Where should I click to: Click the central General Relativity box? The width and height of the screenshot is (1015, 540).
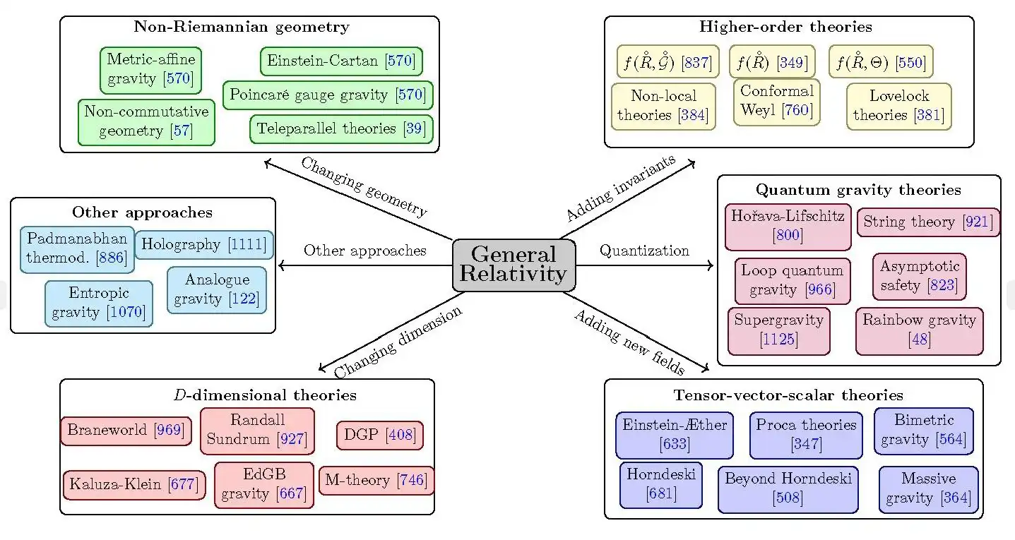pos(514,265)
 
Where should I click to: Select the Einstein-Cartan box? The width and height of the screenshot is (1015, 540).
pos(342,61)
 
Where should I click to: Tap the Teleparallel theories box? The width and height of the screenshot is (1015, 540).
pos(341,129)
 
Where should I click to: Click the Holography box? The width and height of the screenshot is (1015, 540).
pos(203,245)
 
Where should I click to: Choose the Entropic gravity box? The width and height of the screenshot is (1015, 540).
pos(99,304)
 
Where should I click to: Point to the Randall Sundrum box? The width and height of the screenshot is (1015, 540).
pos(257,430)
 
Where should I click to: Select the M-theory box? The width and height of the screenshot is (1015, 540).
pos(376,481)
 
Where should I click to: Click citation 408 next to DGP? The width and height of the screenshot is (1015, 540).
pos(401,436)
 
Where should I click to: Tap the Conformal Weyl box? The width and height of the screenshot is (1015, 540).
pos(777,102)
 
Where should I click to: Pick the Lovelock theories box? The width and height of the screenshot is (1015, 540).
pos(898,106)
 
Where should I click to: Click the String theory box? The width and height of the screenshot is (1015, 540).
pos(928,222)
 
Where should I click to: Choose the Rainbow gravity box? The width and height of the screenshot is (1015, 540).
pos(919,330)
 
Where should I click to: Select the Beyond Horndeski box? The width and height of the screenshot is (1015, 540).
pos(788,488)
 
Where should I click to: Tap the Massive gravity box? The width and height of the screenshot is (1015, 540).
pos(928,488)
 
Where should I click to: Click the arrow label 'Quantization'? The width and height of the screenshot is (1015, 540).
pos(644,251)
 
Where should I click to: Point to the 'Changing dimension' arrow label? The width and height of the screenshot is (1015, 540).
pos(398,342)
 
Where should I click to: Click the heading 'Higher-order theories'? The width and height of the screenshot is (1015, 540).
pos(785,28)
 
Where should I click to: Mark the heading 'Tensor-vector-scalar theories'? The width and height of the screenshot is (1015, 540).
pos(788,395)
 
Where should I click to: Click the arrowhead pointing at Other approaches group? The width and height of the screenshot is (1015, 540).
pos(282,266)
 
